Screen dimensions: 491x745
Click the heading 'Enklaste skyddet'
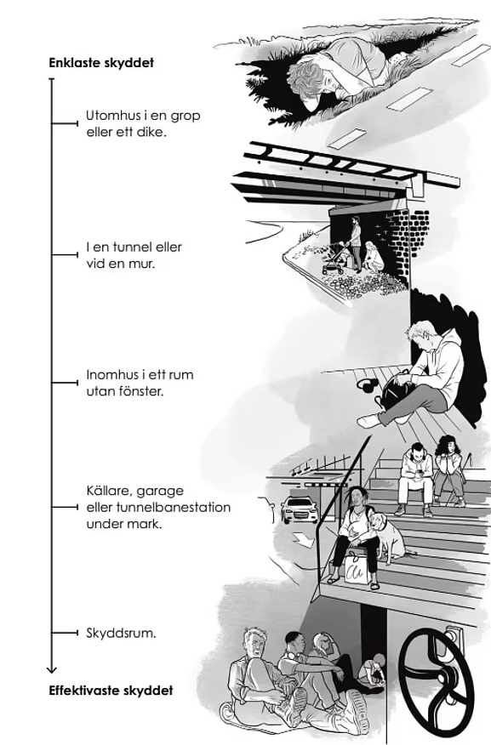coord(101,63)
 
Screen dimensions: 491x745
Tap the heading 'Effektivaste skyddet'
coord(111,691)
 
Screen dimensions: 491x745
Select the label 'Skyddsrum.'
coord(121,633)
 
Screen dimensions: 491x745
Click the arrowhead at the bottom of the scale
coord(52,669)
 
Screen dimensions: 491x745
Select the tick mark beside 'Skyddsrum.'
coord(65,633)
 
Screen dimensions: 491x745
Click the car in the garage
coord(299,509)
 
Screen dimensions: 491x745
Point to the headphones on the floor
coord(367,385)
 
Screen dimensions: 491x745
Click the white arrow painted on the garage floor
coord(302,538)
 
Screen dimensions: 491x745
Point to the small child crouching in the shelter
coord(372,671)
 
